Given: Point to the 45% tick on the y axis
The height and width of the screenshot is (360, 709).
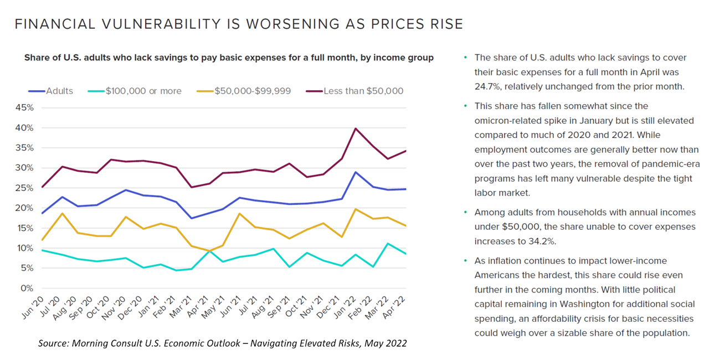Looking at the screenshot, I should [x=24, y=107].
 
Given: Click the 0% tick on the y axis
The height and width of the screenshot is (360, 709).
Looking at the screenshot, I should [x=27, y=288].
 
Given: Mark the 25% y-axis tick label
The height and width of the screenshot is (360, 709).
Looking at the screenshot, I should [x=24, y=188].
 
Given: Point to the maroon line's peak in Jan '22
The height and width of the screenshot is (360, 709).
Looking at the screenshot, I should [x=354, y=128].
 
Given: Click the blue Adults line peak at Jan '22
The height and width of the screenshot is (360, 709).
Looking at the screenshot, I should [x=354, y=172].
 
